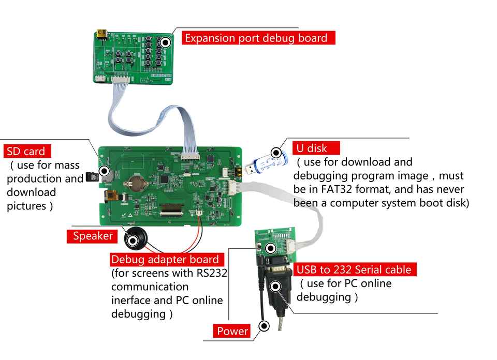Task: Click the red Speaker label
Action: point(93,236)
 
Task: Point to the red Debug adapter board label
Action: point(165,259)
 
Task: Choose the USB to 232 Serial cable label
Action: point(356,269)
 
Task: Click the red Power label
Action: point(232,331)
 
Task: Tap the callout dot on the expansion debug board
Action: point(166,42)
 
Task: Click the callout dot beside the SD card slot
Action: point(105,171)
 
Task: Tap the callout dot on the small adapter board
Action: point(269,247)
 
